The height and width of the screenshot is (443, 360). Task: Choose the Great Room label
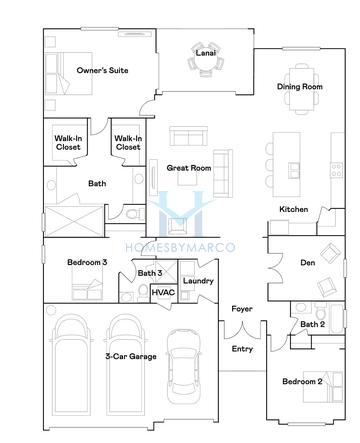(x=189, y=168)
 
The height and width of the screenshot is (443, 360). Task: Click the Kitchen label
(x=293, y=208)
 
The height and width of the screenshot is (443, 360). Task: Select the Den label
(x=307, y=263)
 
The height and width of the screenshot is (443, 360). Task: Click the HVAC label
(x=162, y=292)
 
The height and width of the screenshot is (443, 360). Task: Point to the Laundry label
(x=197, y=281)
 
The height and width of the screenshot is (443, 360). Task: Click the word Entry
(x=243, y=349)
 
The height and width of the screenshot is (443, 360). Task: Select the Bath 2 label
(x=312, y=324)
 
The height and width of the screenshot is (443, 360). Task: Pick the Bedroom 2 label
(x=302, y=382)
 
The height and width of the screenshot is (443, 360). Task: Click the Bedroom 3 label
(x=87, y=262)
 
